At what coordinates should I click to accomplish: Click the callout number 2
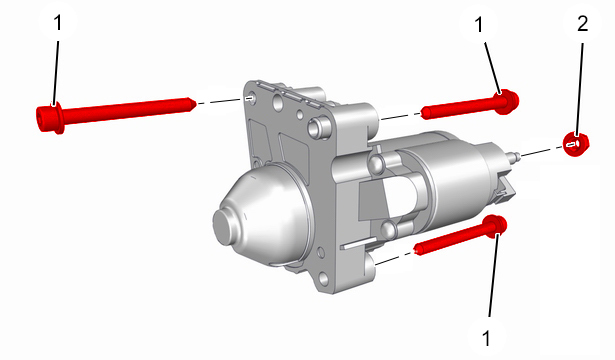(x=582, y=24)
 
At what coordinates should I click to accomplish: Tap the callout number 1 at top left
(x=57, y=22)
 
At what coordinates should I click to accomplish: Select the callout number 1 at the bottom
(x=486, y=338)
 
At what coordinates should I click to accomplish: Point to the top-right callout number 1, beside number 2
(x=479, y=25)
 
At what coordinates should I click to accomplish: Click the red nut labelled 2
(x=576, y=144)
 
